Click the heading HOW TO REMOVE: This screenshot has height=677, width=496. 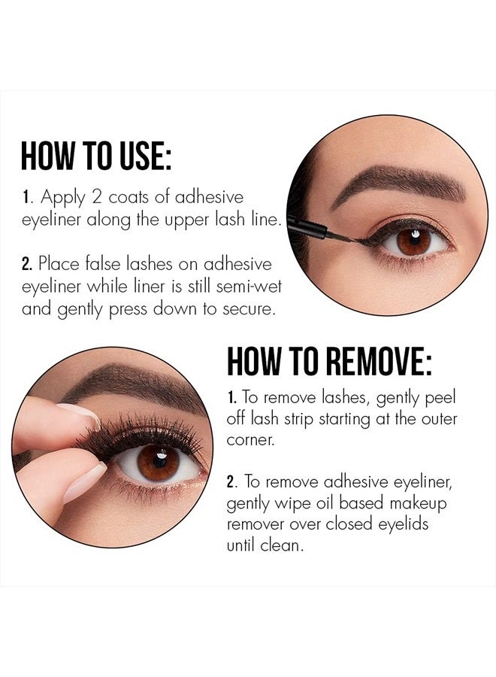tap(329, 362)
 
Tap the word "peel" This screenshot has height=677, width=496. tap(440, 396)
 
